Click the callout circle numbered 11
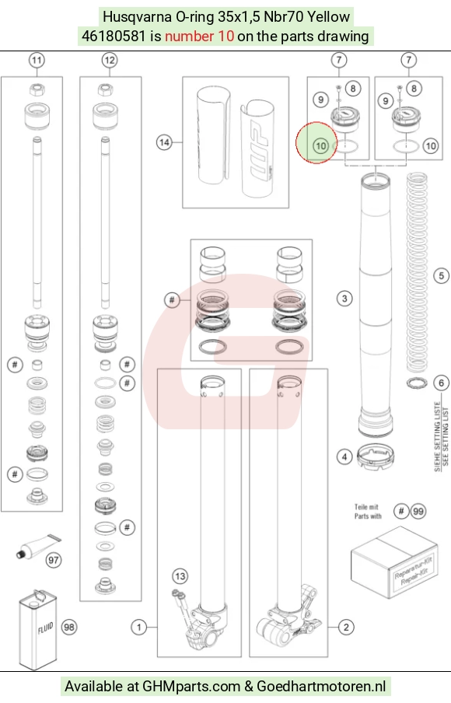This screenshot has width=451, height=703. coord(37,60)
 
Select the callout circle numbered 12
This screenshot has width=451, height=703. coord(110,60)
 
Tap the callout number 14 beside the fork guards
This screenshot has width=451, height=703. coord(164,142)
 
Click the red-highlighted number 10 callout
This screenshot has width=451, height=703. coord(320,145)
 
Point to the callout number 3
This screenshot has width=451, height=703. coord(344,299)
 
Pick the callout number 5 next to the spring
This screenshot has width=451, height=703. coord(442,275)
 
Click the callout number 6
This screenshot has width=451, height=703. coord(442,383)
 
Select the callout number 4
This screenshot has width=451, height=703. coord(344,457)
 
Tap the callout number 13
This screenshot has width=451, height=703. coord(180,576)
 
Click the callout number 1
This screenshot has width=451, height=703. coord(139,628)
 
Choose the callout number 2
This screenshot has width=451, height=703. coord(346,628)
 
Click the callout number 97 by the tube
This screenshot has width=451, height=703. coord(54,560)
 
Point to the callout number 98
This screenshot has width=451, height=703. coord(69,628)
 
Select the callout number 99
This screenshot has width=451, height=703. coord(418,511)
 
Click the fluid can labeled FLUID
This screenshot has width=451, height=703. coord(38,630)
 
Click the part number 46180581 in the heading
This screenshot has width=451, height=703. coord(114,36)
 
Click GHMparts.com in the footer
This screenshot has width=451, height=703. coord(191,687)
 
